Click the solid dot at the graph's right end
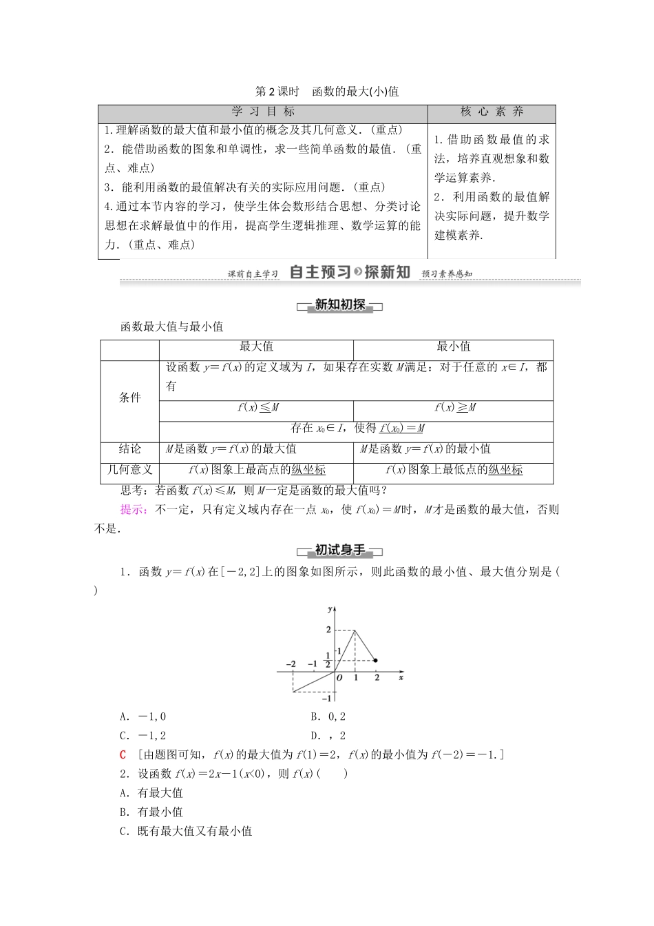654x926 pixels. [x=376, y=660]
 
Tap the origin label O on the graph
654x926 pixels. [x=339, y=678]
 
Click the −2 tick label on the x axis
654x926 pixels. [x=291, y=664]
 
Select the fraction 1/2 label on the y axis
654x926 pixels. [x=328, y=660]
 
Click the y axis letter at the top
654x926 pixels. [x=330, y=608]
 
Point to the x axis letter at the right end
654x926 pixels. [x=400, y=678]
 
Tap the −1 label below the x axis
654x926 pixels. [x=327, y=698]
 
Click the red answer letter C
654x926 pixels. [x=123, y=754]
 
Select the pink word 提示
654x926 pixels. [x=131, y=510]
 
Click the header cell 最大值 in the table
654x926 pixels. [x=256, y=347]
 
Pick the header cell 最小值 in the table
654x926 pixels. [x=453, y=347]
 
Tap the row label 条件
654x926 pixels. [x=129, y=397]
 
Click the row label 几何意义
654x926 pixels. [x=129, y=470]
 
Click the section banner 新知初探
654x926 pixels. [x=339, y=305]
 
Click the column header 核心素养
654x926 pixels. [x=492, y=112]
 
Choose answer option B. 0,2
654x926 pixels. [x=328, y=717]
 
